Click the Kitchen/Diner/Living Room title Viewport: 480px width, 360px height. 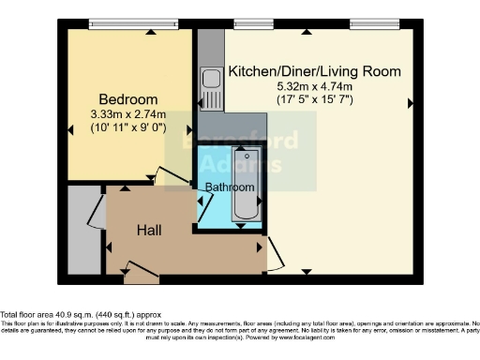click(x=314, y=71)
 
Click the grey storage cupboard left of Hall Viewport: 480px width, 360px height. click(x=82, y=230)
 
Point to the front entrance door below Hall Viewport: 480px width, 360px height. click(x=142, y=273)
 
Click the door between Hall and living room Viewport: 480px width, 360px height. click(x=273, y=252)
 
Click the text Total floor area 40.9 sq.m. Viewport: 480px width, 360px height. click(x=82, y=315)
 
